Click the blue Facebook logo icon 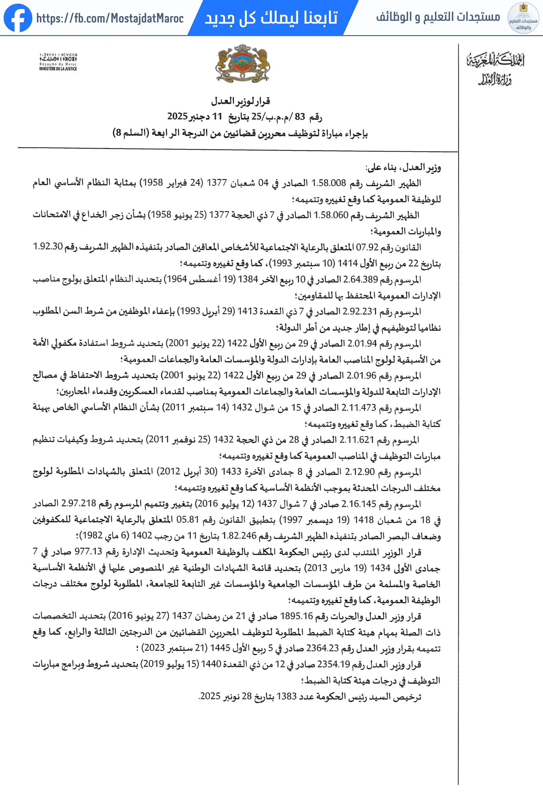[18, 18]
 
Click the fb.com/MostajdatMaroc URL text [110, 18]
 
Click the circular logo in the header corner [523, 18]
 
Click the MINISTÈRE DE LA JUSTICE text [58, 69]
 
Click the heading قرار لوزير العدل [241, 101]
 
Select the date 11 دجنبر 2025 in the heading [194, 116]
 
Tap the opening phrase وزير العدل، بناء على [403, 168]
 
